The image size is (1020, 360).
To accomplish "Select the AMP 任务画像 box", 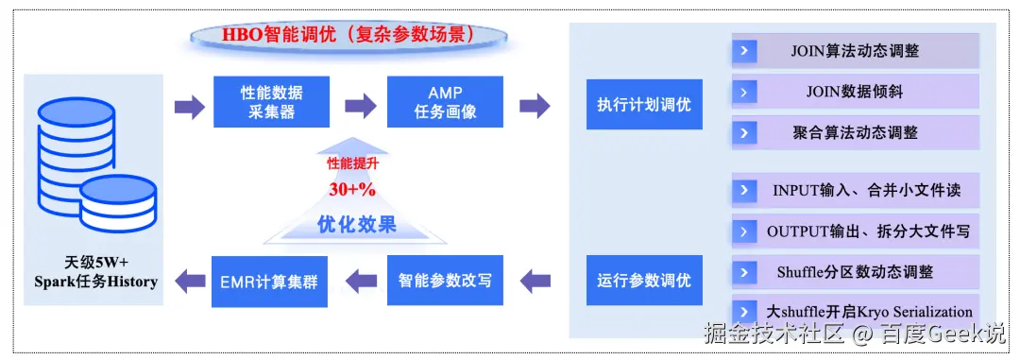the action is (x=445, y=101).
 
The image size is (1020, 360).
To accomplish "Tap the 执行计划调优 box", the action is (x=644, y=104).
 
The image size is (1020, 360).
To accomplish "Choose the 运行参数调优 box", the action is (x=644, y=281).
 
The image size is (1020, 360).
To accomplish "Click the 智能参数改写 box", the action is (x=445, y=281).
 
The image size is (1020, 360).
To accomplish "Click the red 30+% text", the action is (x=351, y=190).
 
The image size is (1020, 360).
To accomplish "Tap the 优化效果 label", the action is (x=356, y=225).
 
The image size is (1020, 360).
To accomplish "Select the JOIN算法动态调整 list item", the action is (x=856, y=51).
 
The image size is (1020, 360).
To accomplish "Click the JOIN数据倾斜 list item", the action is (x=856, y=92).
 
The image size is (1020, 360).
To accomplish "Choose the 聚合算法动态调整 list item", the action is (x=856, y=133).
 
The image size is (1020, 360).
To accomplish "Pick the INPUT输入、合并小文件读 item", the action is (x=856, y=191).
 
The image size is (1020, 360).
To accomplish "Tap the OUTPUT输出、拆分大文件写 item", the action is (x=856, y=231).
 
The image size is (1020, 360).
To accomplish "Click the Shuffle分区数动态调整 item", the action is (x=856, y=271).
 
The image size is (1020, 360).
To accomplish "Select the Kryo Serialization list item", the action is (x=856, y=312).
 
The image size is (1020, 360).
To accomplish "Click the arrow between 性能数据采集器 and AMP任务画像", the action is (x=360, y=105).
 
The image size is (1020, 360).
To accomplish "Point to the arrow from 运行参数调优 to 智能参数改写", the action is (x=535, y=282).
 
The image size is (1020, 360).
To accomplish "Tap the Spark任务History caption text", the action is (x=95, y=282).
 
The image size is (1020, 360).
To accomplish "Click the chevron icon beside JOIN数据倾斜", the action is (x=744, y=92).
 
